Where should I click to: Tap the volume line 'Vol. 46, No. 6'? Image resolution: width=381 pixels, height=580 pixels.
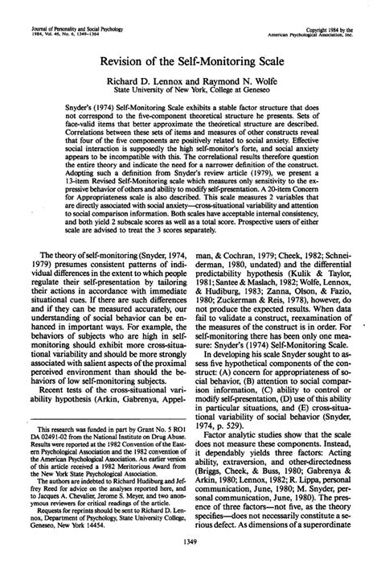point(47,14)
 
